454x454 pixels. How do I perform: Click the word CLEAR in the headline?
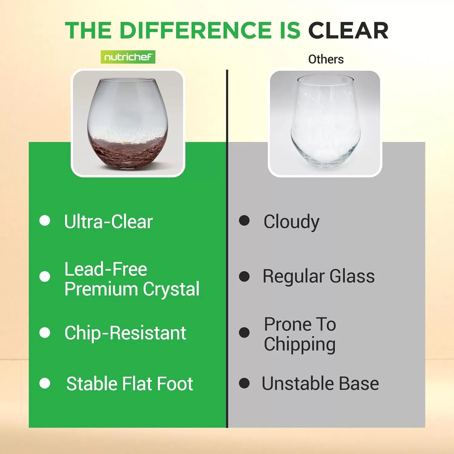click(348, 31)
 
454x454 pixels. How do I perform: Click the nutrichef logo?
click(128, 57)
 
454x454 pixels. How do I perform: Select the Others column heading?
click(326, 59)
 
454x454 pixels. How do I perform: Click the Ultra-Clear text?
click(108, 222)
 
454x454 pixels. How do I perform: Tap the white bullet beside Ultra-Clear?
click(45, 221)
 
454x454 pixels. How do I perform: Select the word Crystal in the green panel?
click(171, 289)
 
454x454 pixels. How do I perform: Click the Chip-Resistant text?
click(125, 333)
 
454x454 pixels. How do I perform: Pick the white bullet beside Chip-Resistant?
click(45, 333)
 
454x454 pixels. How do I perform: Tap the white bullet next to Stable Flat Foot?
click(45, 383)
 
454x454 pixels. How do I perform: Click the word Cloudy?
click(291, 222)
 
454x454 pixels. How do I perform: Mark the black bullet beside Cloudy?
click(244, 221)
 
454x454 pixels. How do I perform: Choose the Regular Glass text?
click(319, 276)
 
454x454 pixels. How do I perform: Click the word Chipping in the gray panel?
click(300, 344)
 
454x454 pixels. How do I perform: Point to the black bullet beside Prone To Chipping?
click(244, 333)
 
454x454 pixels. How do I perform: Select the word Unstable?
click(298, 383)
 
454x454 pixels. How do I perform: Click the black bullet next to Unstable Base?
click(244, 383)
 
